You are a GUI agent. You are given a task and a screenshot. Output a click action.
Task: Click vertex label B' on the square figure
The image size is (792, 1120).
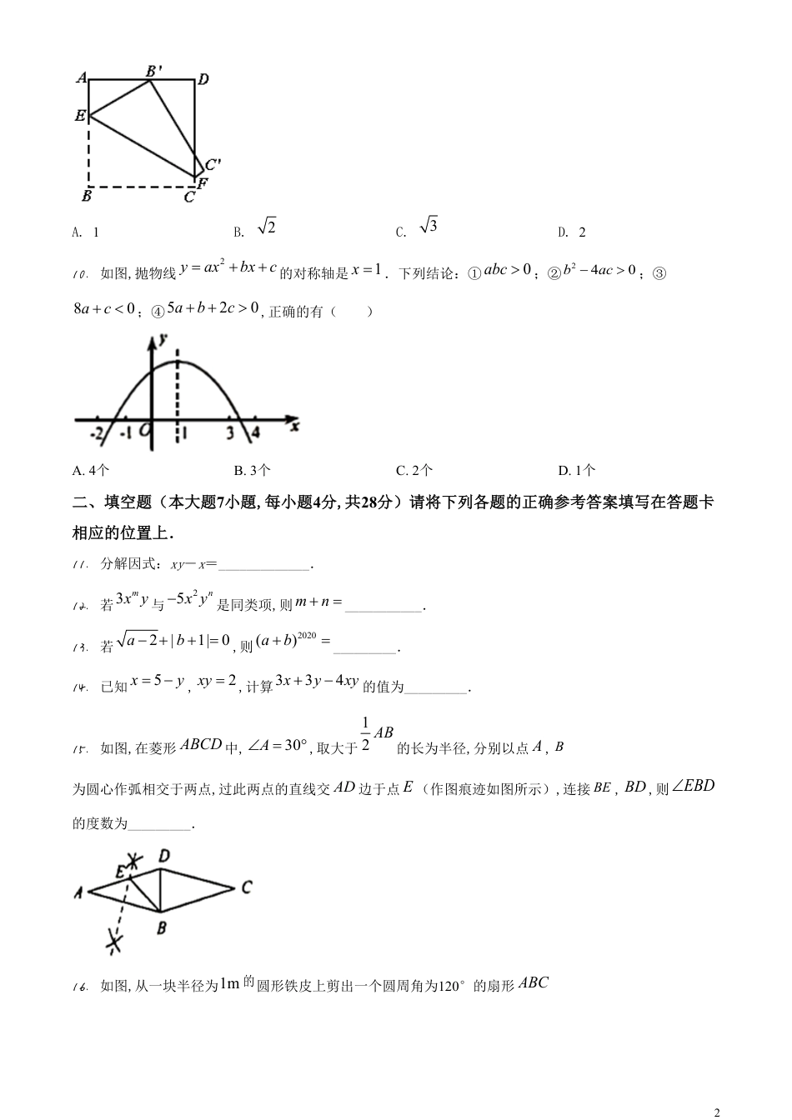154,72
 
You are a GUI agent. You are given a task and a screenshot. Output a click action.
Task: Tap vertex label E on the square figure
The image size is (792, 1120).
80,116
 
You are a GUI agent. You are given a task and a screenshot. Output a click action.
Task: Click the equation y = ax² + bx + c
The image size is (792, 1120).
228,268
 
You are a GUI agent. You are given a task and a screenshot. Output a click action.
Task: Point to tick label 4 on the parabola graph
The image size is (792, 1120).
255,432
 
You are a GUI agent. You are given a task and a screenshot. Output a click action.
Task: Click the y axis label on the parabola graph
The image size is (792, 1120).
163,339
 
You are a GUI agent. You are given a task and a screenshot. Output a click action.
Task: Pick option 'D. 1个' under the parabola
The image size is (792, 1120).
577,471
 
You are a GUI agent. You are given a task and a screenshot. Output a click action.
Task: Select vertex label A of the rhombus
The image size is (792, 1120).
78,892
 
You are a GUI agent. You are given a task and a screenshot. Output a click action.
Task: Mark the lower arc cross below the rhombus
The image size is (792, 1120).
115,942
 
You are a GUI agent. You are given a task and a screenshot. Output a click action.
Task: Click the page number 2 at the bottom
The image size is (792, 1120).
717,1112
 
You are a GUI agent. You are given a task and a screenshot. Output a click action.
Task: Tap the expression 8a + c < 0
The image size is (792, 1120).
104,309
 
